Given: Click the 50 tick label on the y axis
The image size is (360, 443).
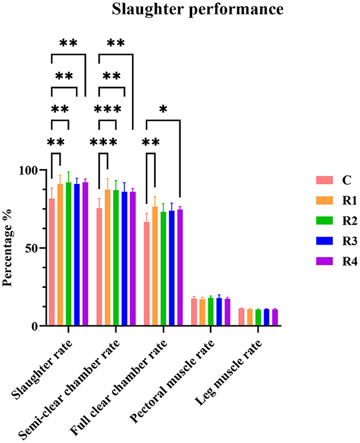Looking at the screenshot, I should click(31, 249).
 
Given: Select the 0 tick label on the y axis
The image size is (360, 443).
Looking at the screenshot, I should click(34, 326).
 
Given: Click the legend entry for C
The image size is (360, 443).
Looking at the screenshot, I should click(347, 180).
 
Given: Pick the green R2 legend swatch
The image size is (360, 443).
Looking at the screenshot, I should click(325, 221).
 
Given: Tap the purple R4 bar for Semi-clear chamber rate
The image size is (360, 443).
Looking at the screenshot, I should click(133, 259).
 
